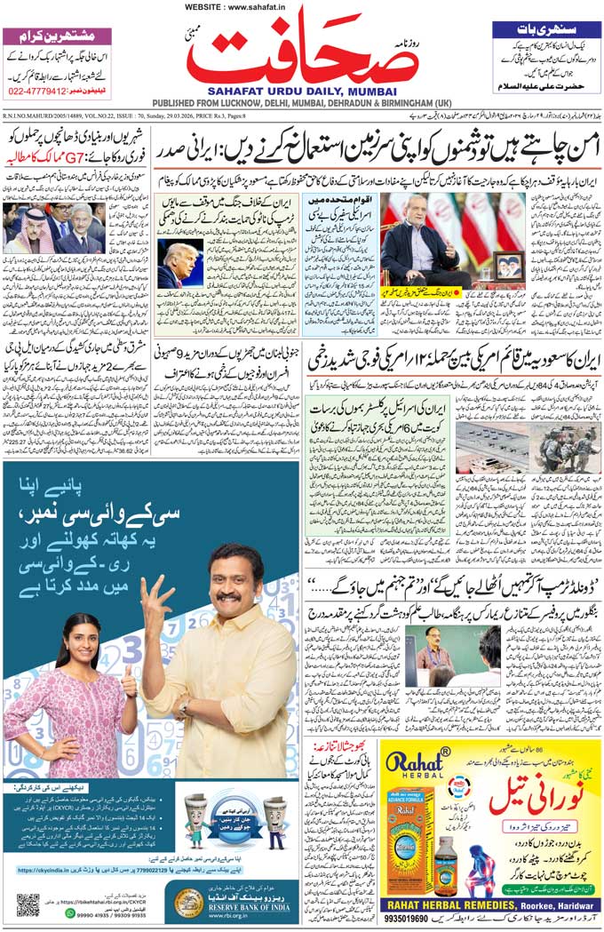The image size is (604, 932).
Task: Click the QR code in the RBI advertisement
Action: pyautogui.click(x=28, y=904)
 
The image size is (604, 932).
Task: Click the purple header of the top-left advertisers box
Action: pyautogui.click(x=57, y=36)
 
